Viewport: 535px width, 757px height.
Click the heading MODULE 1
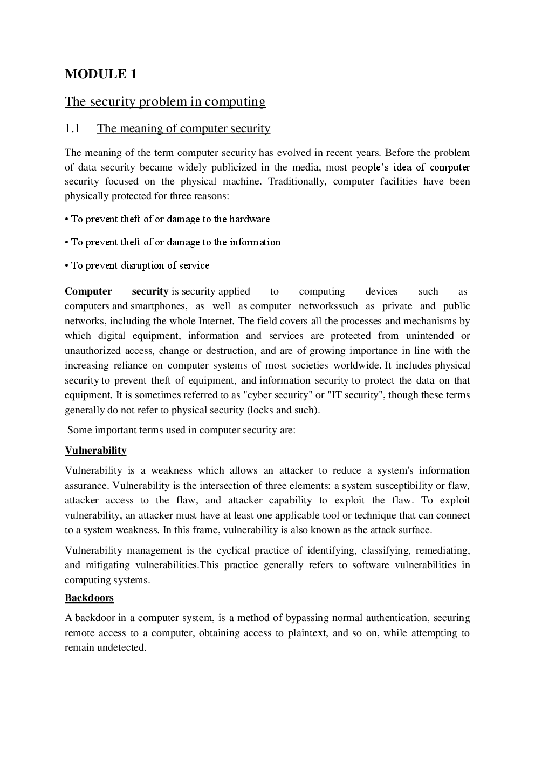coord(101,74)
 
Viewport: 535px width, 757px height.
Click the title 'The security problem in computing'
coord(165,101)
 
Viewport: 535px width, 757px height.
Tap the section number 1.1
coord(72,128)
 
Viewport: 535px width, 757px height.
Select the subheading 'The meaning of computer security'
coord(183,128)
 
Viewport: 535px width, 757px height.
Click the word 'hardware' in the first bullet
coord(249,219)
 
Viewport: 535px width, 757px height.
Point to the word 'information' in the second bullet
coord(255,242)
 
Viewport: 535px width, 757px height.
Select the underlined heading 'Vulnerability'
coord(95,451)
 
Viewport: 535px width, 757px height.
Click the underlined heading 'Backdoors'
coord(89,598)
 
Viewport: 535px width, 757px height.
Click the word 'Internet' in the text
coord(216,321)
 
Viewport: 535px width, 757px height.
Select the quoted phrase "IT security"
coord(354,395)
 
